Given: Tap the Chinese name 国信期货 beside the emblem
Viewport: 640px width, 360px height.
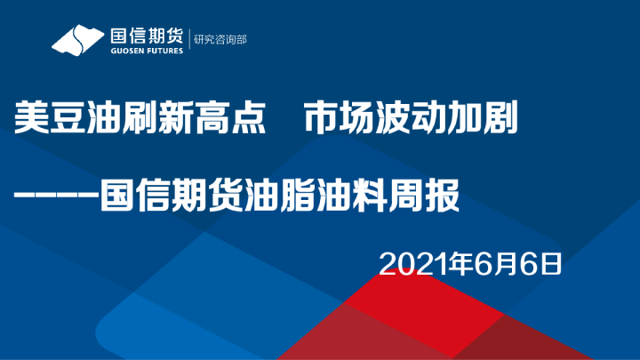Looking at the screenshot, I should [x=146, y=35].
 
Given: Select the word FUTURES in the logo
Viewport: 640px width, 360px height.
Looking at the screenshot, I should [x=164, y=51].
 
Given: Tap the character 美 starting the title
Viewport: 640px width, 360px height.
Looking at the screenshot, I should [x=30, y=117].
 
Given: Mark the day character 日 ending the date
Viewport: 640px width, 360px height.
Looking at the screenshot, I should [x=552, y=263].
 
